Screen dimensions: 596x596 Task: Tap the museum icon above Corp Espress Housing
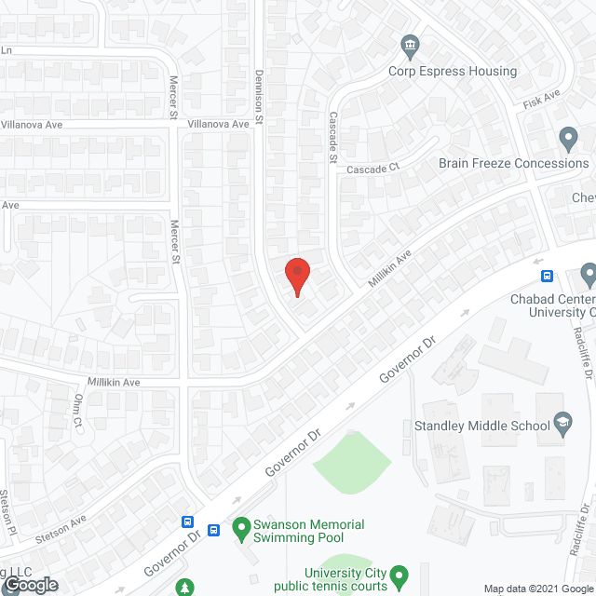coord(409,45)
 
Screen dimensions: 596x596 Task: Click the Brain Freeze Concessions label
coord(513,163)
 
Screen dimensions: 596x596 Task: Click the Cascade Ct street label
coord(372,168)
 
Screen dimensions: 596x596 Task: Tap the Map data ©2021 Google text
coord(536,589)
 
